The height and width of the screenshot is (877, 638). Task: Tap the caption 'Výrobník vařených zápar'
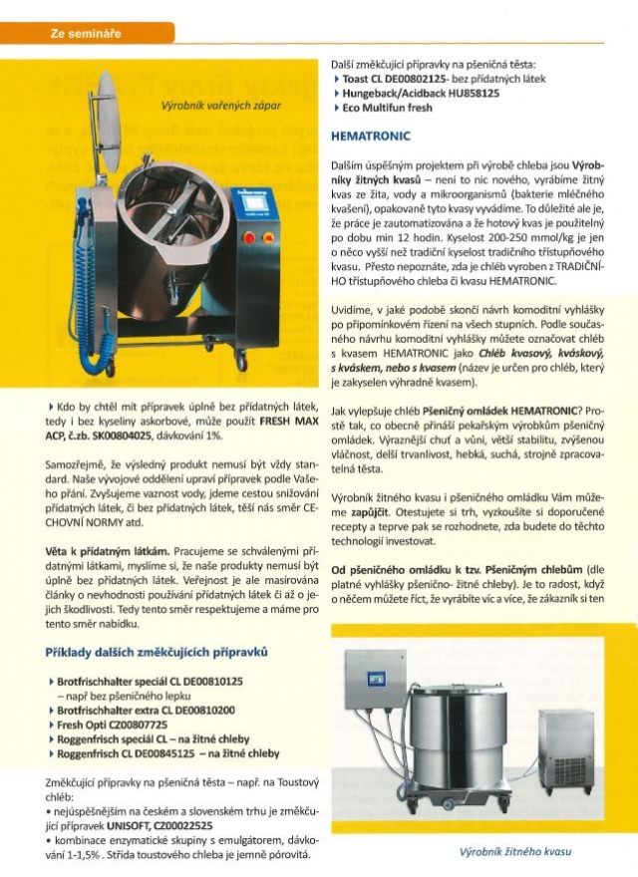coord(220,105)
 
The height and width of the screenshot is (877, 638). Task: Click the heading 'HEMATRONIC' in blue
coord(372,135)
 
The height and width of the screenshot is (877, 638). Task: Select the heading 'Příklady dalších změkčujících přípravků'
coord(158,653)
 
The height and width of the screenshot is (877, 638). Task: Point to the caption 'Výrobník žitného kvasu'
coord(514,853)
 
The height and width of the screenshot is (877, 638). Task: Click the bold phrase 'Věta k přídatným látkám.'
coord(108,550)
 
